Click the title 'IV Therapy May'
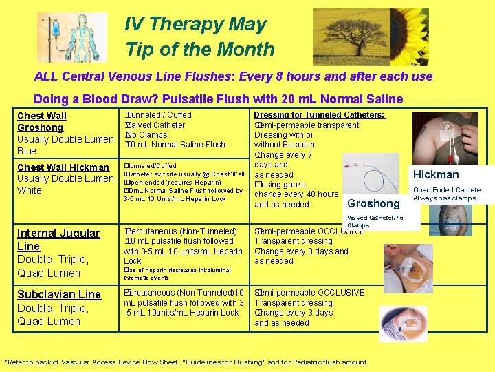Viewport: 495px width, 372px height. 195,25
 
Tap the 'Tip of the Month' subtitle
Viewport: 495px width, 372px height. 199,50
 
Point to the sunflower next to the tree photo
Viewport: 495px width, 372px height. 413,34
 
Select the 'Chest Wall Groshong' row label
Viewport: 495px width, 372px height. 41,122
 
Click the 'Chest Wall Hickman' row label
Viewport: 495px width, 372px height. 63,167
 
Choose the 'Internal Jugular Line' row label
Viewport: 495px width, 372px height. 58,240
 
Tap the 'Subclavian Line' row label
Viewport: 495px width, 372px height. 58,294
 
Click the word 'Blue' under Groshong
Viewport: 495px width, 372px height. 27,151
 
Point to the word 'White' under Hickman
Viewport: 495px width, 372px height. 30,190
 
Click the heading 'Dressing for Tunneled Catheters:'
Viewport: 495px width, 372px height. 319,115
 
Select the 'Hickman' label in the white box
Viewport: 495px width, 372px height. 436,175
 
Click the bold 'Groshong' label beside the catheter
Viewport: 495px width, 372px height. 373,203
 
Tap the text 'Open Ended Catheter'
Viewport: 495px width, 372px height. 448,190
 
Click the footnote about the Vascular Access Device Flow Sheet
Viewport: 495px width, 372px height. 186,362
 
